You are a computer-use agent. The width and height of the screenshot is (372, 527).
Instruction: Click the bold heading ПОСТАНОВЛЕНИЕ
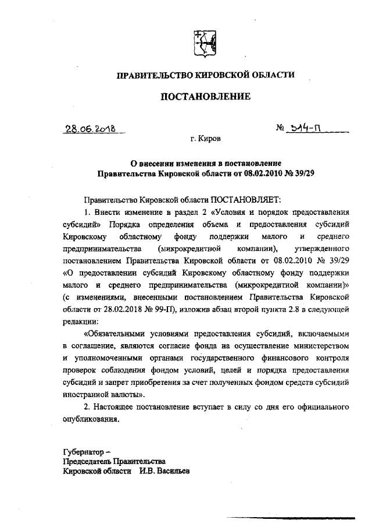point(206,97)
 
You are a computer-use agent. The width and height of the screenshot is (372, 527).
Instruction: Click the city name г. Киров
point(206,140)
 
